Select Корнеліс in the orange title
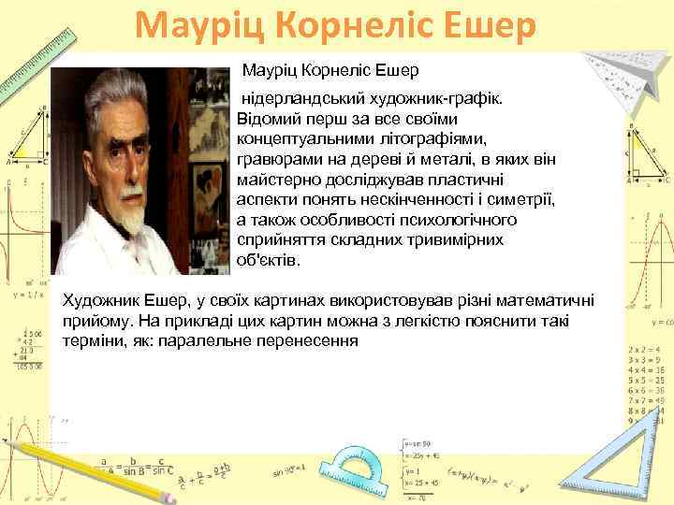point(340,25)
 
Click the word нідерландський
point(293,98)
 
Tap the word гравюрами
point(279,159)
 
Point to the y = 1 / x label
point(27,295)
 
